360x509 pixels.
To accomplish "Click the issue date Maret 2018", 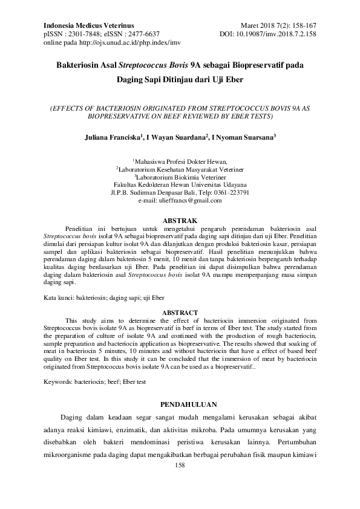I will (262, 25).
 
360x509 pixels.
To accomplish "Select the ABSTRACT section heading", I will (179, 313).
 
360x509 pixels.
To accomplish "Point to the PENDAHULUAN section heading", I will (179, 403).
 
